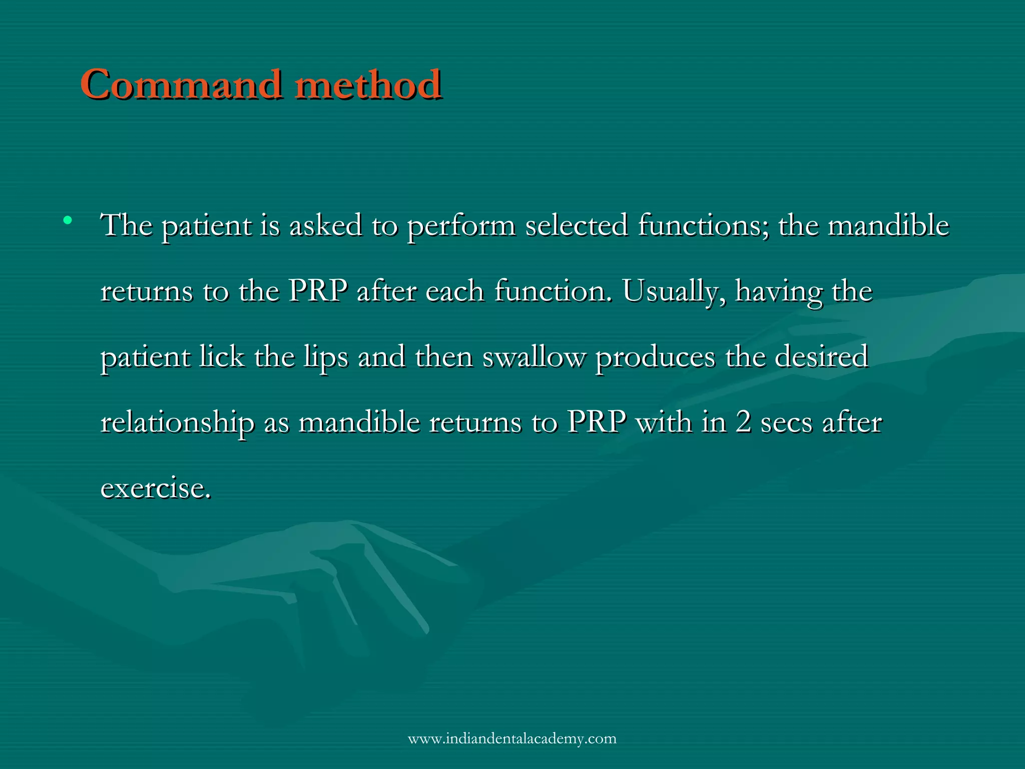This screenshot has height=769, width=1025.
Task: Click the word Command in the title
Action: click(x=180, y=84)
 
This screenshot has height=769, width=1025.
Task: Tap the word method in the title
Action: click(x=368, y=84)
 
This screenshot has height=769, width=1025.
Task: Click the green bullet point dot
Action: click(x=68, y=220)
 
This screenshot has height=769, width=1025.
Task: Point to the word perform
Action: click(x=461, y=226)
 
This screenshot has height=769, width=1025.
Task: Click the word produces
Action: click(x=655, y=358)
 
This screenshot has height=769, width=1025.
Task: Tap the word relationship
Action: click(x=177, y=423)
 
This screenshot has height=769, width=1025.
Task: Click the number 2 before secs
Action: click(x=743, y=423)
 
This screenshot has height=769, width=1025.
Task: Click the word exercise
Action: click(x=155, y=489)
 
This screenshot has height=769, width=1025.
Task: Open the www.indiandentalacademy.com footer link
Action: click(x=512, y=738)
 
